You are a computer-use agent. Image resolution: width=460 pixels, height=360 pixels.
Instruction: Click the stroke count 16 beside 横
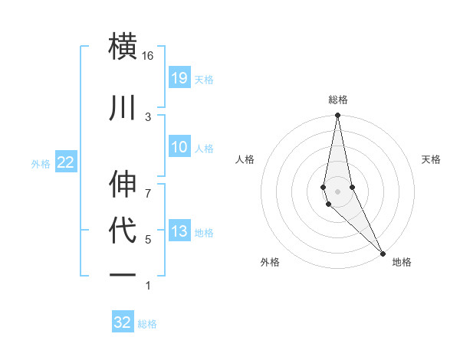(x=147, y=56)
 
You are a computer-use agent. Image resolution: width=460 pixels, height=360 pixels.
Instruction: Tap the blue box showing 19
(x=179, y=77)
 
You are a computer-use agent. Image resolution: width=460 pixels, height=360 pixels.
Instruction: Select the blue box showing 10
(x=179, y=147)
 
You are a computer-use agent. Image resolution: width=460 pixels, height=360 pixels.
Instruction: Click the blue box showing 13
(x=179, y=231)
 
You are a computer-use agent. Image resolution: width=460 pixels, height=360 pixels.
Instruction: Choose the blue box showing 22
(x=65, y=162)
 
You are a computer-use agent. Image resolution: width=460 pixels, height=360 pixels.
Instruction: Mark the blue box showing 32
(x=123, y=322)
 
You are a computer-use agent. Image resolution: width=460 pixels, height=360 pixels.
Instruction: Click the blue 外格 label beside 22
(x=41, y=163)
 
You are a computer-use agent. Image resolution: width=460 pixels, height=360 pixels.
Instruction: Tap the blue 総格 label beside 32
(x=147, y=323)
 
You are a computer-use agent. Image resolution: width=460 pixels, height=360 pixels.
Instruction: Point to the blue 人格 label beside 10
(x=204, y=148)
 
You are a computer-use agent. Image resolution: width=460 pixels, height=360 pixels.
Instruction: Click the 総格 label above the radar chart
(x=337, y=100)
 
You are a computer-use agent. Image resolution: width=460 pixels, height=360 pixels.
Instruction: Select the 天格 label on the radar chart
(x=431, y=159)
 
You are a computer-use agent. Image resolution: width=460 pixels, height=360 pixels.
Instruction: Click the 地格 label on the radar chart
(x=401, y=262)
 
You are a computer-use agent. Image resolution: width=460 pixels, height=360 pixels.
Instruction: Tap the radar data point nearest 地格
(x=383, y=253)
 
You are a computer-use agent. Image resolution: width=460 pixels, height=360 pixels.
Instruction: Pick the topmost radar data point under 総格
(x=337, y=116)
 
